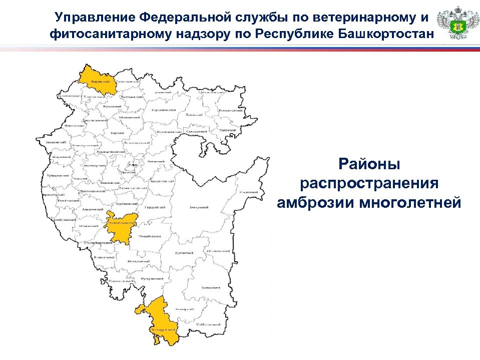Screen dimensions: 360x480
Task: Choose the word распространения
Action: (x=369, y=183)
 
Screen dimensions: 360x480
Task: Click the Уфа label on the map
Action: (x=132, y=164)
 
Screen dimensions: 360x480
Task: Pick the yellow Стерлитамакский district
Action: (x=121, y=226)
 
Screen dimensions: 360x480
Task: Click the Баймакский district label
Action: (x=210, y=288)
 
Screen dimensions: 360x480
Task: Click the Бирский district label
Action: (x=117, y=134)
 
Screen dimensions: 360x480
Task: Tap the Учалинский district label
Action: (x=248, y=192)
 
